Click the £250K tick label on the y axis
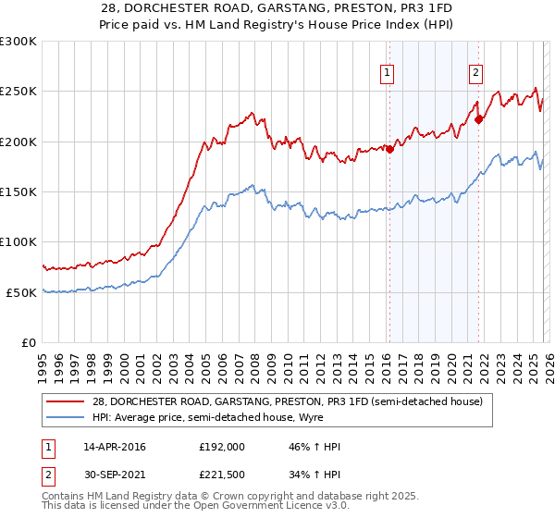(18, 92)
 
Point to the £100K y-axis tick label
(18, 241)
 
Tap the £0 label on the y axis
(28, 342)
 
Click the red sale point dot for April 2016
(389, 150)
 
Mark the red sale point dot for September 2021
(479, 118)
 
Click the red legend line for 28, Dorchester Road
(67, 401)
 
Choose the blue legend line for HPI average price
(67, 417)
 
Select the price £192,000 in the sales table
(222, 447)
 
